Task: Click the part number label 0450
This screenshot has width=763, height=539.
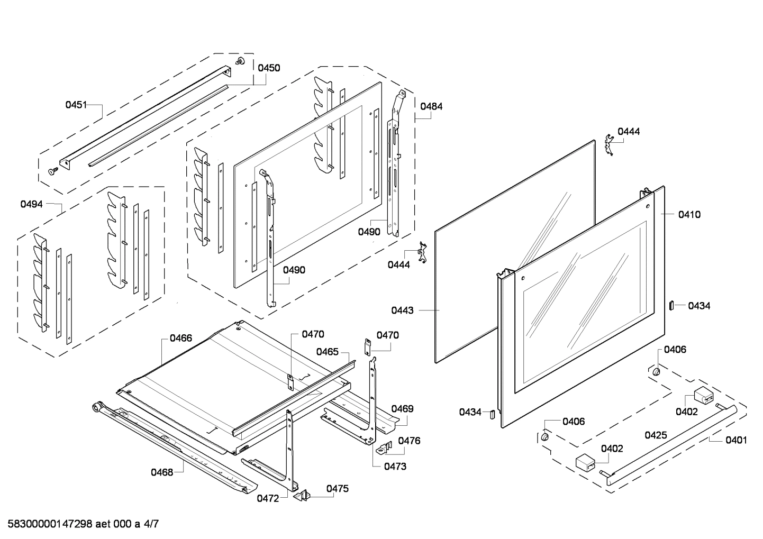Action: [x=269, y=68]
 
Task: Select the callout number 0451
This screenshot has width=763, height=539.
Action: [x=76, y=105]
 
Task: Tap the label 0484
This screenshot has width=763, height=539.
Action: [x=431, y=106]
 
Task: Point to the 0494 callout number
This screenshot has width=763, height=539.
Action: [x=31, y=204]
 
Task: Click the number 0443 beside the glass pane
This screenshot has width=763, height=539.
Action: [x=402, y=310]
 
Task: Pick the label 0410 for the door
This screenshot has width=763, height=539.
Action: [x=689, y=215]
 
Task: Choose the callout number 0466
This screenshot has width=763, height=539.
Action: [x=181, y=338]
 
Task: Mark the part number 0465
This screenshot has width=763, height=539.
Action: [x=328, y=352]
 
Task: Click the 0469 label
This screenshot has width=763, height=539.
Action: [x=402, y=408]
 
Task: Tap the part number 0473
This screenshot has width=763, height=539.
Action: [x=395, y=467]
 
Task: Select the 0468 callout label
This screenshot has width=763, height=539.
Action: [x=162, y=472]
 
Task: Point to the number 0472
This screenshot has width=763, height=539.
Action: [x=268, y=498]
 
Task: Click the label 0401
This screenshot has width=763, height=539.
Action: [x=737, y=440]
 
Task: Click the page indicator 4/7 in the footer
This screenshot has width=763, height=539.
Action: [x=151, y=524]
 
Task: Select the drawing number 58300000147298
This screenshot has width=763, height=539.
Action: [x=50, y=524]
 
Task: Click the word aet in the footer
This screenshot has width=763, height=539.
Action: [x=103, y=524]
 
